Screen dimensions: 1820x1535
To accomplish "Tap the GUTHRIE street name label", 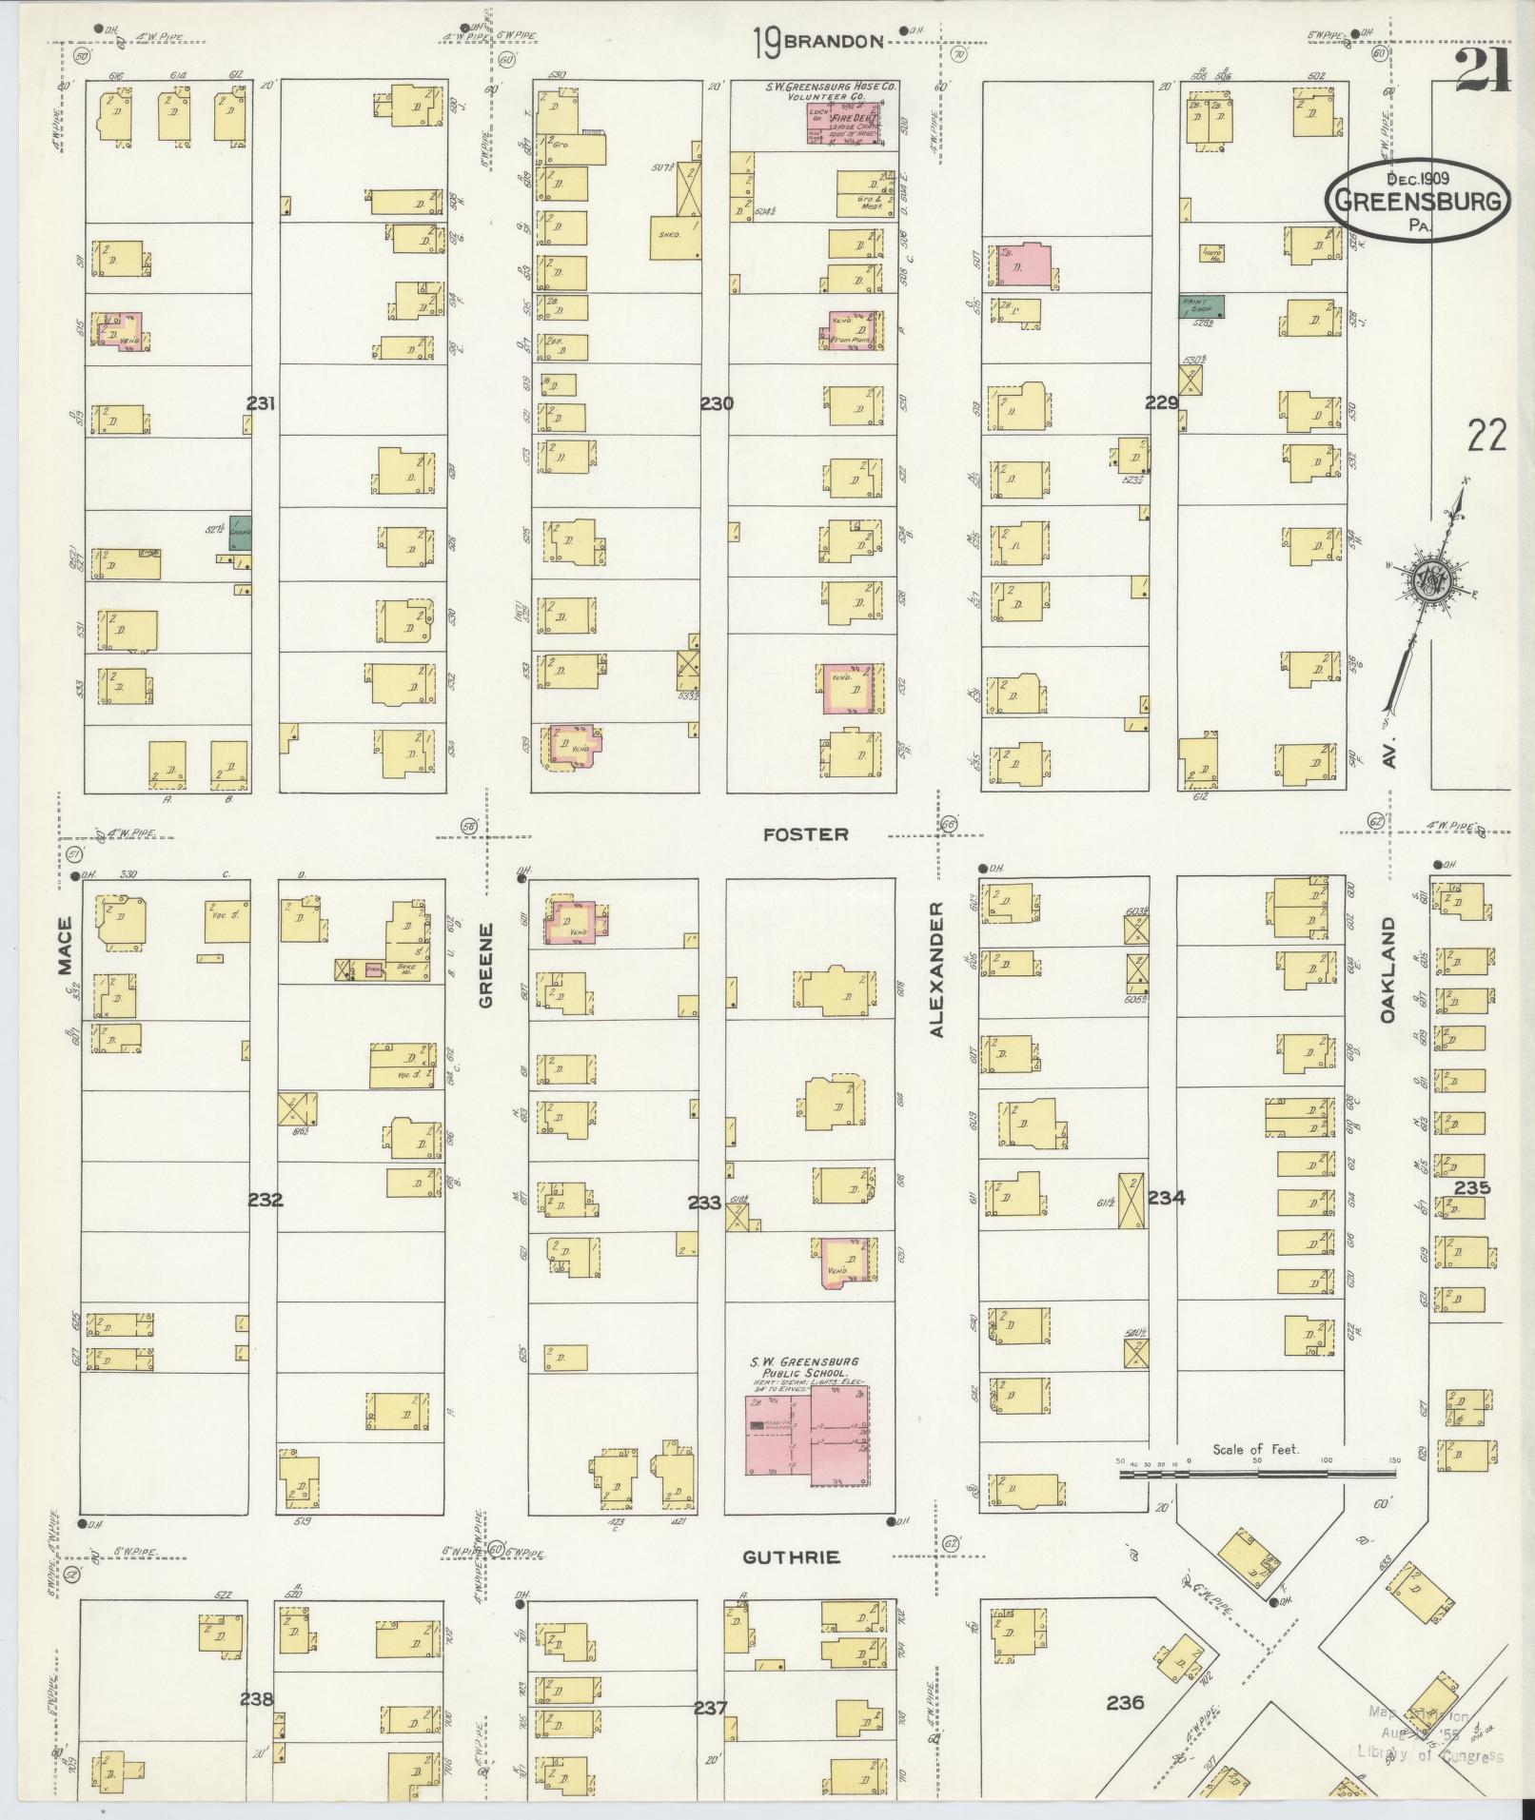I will click(x=791, y=1557).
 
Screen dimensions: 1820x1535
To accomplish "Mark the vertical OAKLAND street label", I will click(x=1387, y=970).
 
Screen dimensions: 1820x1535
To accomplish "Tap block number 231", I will click(x=261, y=403).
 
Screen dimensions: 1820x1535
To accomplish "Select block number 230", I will click(x=717, y=403).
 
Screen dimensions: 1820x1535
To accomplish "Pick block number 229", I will click(x=1162, y=402).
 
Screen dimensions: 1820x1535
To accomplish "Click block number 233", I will click(x=704, y=1203).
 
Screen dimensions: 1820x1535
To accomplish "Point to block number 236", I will click(x=1125, y=1702).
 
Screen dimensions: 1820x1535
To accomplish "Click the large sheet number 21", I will click(x=1483, y=69).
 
